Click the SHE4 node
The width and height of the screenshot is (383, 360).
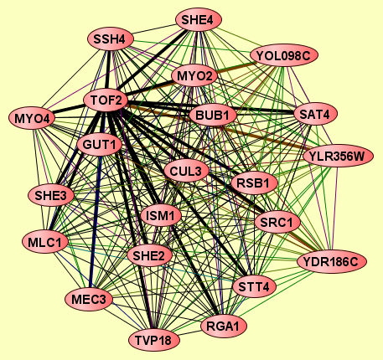point(199,20)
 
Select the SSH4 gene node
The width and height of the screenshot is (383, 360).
point(111,39)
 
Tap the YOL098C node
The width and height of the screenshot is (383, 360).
point(284,55)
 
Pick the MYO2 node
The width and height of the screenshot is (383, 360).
point(194,75)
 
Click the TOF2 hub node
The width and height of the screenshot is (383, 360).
point(106,100)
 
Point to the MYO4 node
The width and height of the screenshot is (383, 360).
point(32,118)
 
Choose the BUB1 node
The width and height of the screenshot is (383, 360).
point(213,115)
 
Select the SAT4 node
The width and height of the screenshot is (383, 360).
point(315,114)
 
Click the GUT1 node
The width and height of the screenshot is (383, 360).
point(100,145)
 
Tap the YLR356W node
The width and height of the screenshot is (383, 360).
point(338,156)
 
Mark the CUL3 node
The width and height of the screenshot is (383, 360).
point(186,171)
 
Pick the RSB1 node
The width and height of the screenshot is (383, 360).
point(254,183)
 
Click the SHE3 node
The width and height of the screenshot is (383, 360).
point(51,195)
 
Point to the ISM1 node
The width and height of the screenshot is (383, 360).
point(161,215)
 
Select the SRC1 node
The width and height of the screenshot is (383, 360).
point(277,222)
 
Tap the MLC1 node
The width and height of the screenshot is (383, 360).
point(45,242)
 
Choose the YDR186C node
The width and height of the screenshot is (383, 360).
point(331,262)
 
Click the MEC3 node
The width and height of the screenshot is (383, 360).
point(89,299)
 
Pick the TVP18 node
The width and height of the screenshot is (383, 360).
point(154,340)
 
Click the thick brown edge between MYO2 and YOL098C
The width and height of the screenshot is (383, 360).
point(235,67)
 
